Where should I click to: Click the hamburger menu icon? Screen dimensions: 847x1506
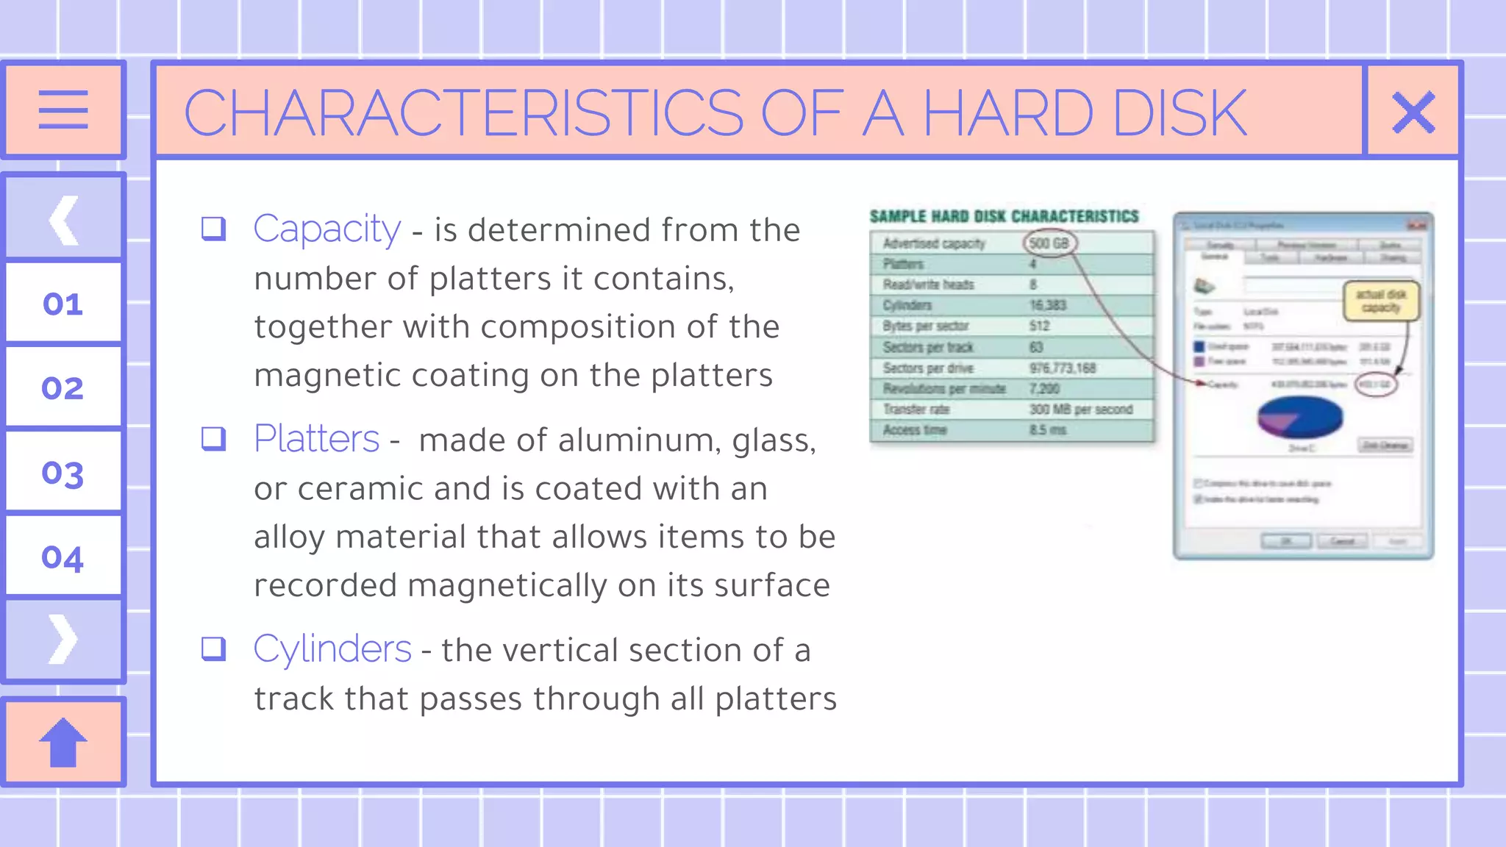(63, 110)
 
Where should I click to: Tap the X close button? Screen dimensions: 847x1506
(1413, 112)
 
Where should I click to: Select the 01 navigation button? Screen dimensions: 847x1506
(63, 304)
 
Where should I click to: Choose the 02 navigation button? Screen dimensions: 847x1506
(63, 387)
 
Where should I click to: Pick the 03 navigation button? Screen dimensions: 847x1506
(63, 473)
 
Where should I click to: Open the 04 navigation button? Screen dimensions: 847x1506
(63, 557)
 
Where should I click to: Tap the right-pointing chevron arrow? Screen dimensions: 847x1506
(63, 640)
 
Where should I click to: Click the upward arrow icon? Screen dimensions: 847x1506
(63, 742)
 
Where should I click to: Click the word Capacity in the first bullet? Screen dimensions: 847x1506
(327, 229)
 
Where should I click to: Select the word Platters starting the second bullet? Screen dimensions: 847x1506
(316, 439)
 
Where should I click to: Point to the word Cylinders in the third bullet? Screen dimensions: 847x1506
(332, 649)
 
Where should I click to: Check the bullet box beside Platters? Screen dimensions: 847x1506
(213, 438)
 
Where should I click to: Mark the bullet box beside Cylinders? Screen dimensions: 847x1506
(213, 648)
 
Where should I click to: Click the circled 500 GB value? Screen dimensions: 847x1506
(1049, 243)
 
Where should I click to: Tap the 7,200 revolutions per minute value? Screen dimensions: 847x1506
(1044, 389)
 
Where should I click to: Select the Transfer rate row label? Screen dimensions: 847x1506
(916, 410)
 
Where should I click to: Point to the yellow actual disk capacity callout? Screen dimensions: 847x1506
(1381, 301)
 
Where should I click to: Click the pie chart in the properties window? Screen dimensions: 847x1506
(1300, 417)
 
